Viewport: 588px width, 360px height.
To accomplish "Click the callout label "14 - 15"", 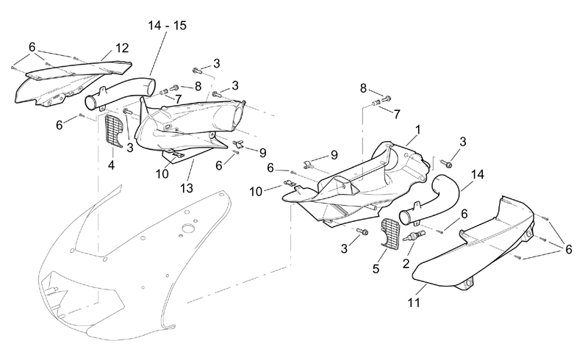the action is click(167, 26).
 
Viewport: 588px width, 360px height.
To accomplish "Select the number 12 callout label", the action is click(122, 48).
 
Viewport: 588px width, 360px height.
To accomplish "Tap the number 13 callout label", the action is click(187, 188).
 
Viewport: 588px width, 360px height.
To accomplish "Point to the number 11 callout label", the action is click(414, 302).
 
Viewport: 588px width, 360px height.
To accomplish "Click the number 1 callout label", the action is click(417, 130).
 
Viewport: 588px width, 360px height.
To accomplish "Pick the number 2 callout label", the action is click(406, 264).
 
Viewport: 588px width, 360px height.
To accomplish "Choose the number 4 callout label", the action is click(111, 165).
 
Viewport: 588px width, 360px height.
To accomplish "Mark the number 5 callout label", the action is click(376, 268).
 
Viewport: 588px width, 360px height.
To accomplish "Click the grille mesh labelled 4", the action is click(114, 131).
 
